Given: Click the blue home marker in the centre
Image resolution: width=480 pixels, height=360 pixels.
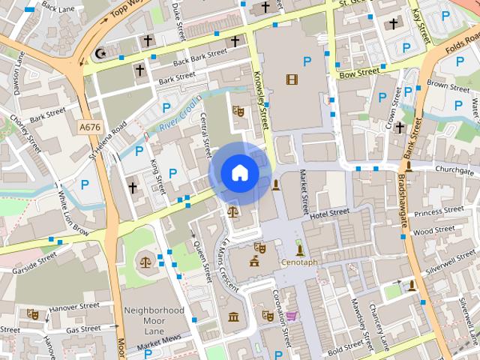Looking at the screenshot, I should pos(239,173).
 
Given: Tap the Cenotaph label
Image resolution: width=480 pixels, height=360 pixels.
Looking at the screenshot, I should pos(300,263).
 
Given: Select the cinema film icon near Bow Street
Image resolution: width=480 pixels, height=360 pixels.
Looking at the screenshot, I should pos(291,79).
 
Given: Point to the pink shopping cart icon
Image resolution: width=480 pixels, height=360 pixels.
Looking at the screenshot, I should pos(290,316).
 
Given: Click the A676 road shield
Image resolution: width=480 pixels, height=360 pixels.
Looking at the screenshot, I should pos(89,128).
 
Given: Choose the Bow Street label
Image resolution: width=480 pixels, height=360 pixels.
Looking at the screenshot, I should pos(358,73).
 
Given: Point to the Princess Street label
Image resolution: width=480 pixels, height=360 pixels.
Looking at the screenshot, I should pos(438,212).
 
